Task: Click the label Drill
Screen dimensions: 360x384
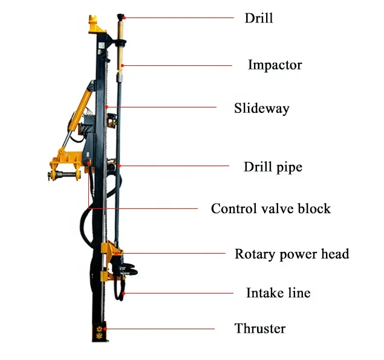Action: pyautogui.click(x=258, y=18)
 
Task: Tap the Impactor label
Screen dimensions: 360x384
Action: pyautogui.click(x=275, y=65)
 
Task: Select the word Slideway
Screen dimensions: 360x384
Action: pyautogui.click(x=262, y=109)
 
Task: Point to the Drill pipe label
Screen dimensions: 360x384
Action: pyautogui.click(x=273, y=167)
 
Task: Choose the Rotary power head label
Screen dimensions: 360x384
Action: pyautogui.click(x=291, y=254)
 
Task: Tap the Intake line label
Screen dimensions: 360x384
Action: pyautogui.click(x=278, y=294)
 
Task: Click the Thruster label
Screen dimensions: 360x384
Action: pyautogui.click(x=259, y=329)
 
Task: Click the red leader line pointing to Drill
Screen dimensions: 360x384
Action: pyautogui.click(x=181, y=18)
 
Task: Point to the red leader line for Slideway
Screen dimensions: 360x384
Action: pyautogui.click(x=163, y=108)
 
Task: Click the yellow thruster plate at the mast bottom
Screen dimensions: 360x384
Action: pyautogui.click(x=97, y=330)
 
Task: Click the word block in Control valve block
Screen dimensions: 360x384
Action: pyautogui.click(x=314, y=209)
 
